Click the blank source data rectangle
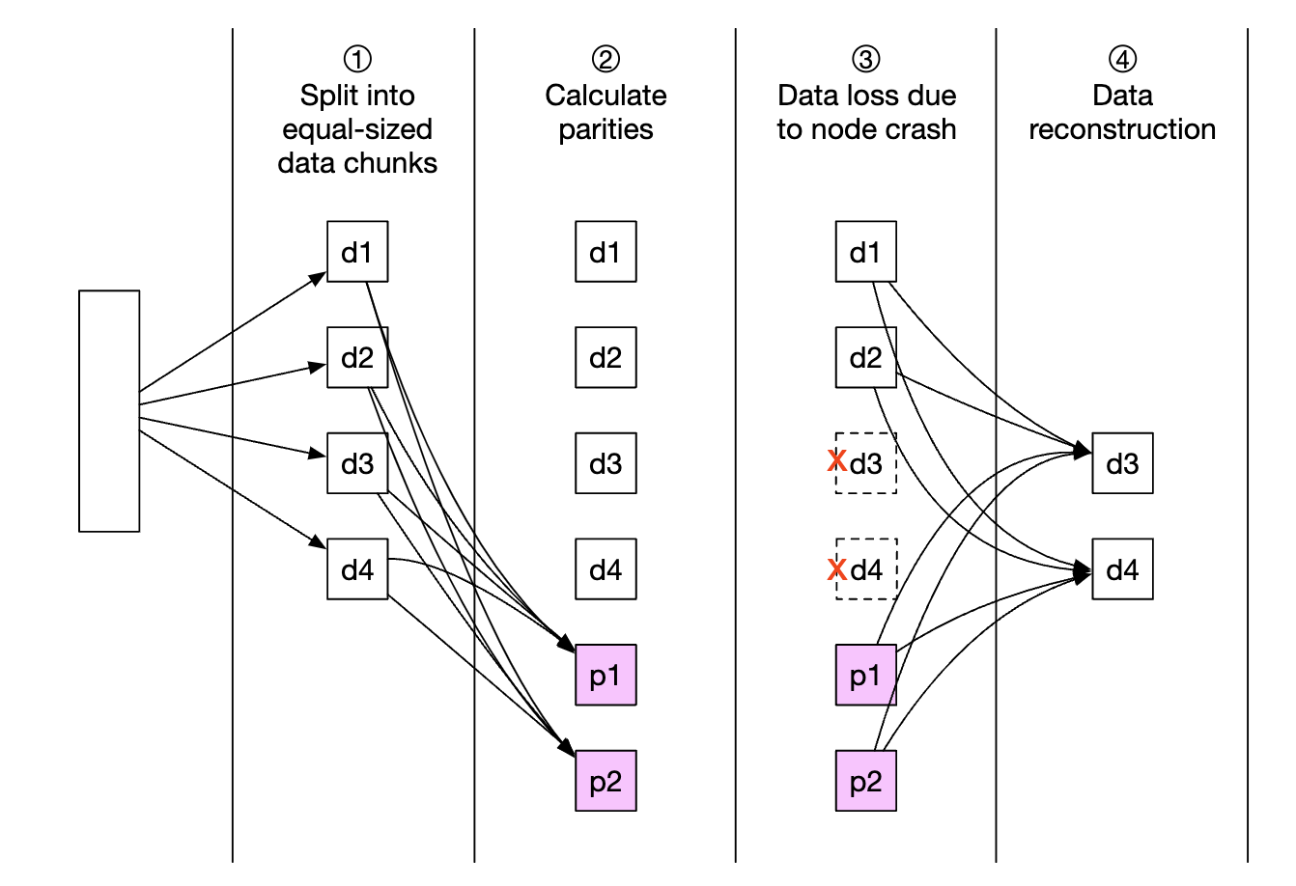[109, 410]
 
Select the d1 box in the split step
[357, 252]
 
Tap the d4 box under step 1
[357, 569]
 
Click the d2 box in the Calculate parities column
[606, 358]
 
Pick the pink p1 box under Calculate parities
[606, 676]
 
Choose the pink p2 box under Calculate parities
[606, 781]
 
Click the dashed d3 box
[867, 463]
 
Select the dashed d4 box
[867, 569]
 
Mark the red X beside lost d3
[837, 462]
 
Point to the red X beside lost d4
[837, 569]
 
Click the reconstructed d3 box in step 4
[1122, 463]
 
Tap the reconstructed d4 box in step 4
[1122, 569]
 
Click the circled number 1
[357, 60]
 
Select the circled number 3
[866, 60]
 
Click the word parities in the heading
[606, 130]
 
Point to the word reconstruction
[1122, 129]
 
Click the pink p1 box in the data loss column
[866, 676]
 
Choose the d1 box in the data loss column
[866, 252]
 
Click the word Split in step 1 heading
[328, 96]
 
